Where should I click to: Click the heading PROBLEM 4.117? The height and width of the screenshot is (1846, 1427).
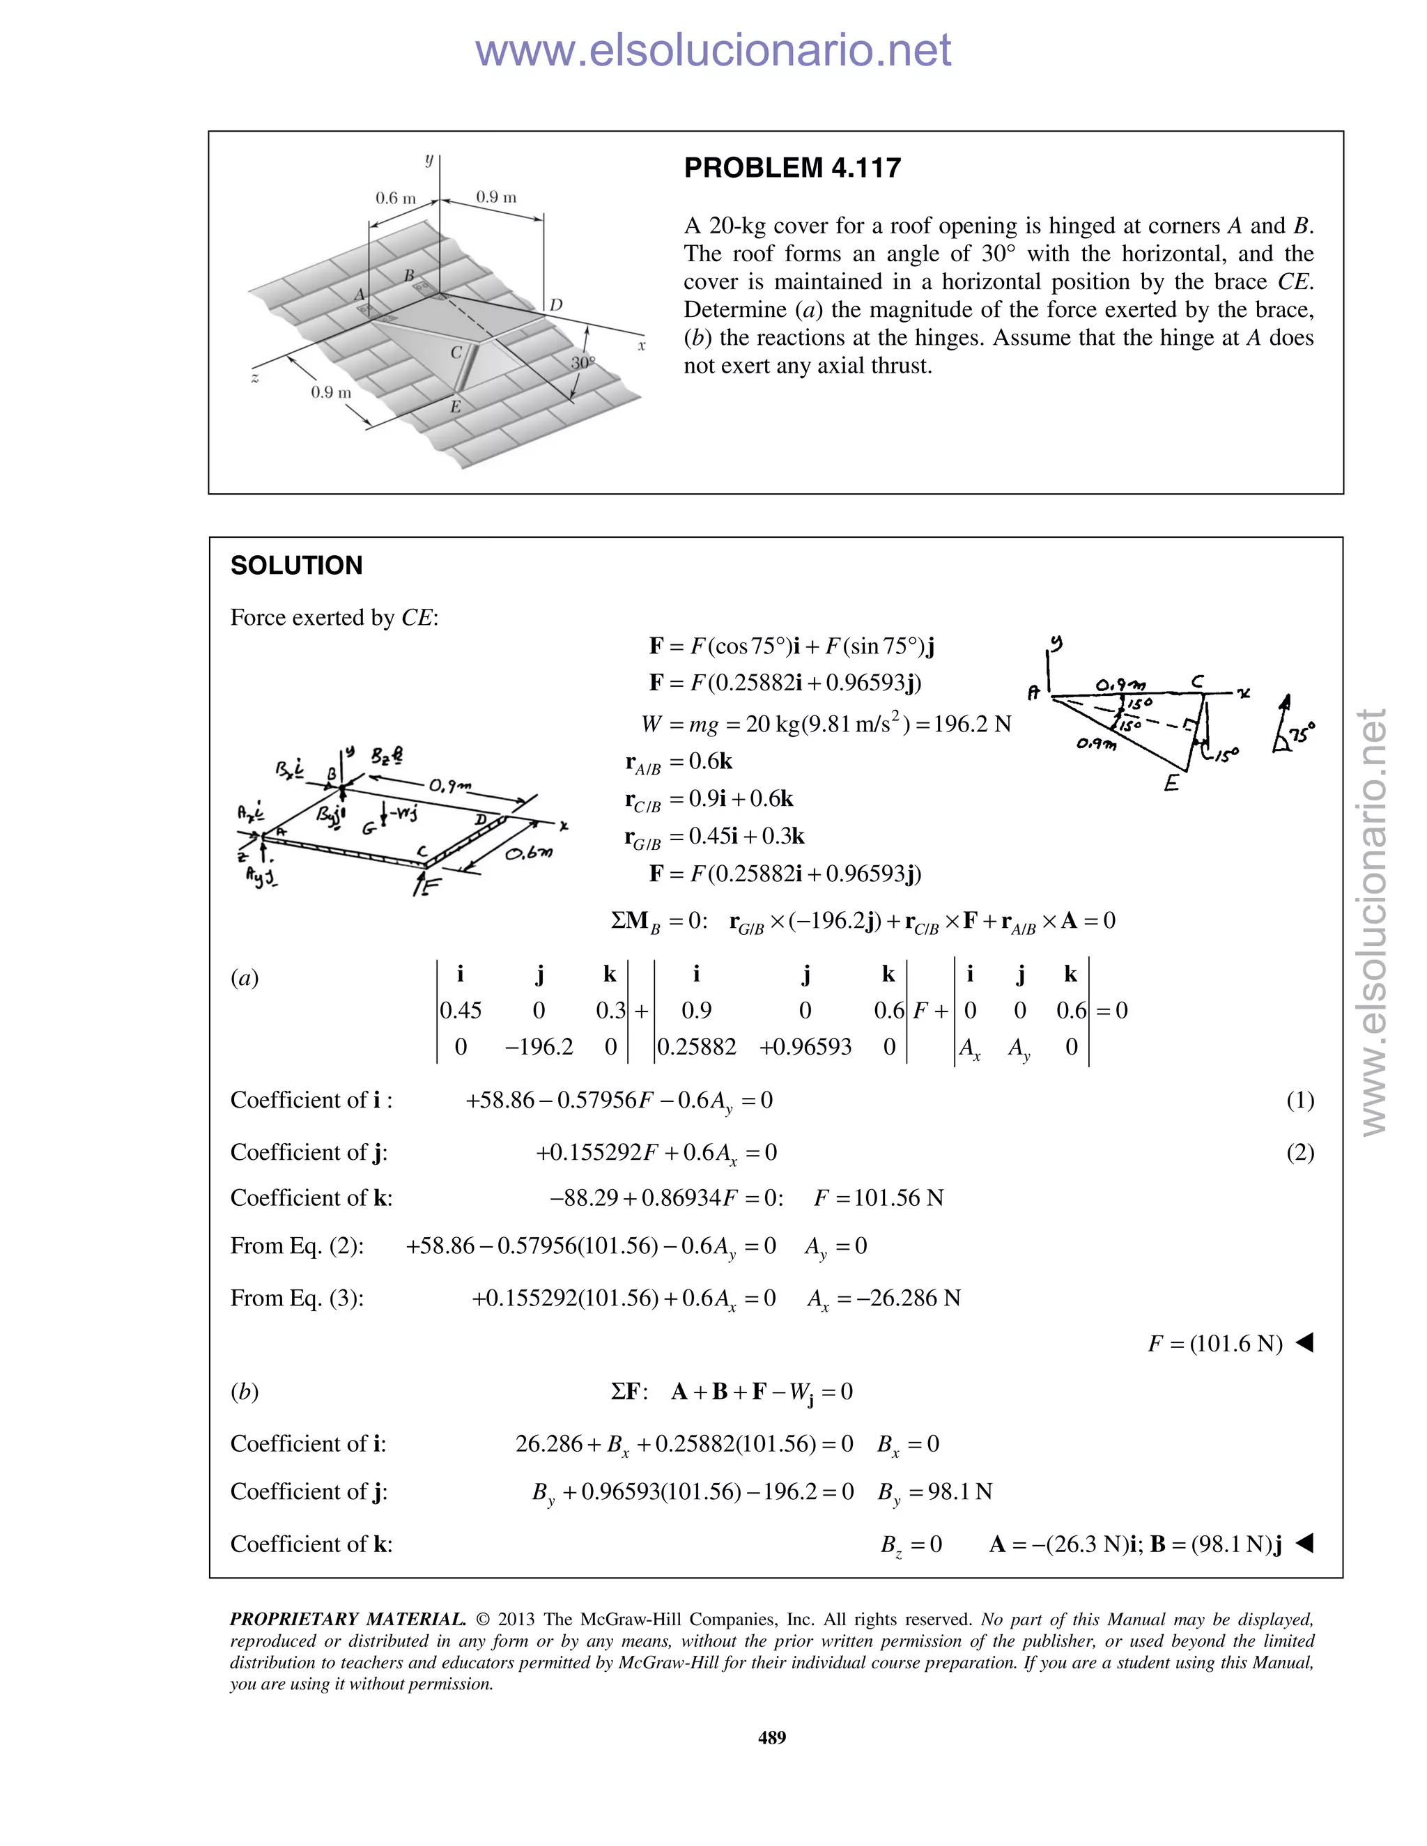(792, 168)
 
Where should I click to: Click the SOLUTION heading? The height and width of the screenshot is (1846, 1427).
(296, 566)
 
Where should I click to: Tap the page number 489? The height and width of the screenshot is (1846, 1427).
(772, 1737)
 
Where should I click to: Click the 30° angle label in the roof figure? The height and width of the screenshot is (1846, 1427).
(583, 363)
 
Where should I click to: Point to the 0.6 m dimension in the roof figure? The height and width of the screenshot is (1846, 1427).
(396, 199)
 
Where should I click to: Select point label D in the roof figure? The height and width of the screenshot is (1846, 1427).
(556, 305)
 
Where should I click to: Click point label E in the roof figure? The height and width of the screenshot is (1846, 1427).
(456, 407)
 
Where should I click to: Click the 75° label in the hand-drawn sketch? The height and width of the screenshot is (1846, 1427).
(1303, 732)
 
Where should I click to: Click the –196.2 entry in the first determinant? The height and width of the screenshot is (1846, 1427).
(539, 1047)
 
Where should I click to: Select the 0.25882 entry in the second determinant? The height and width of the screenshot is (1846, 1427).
(697, 1047)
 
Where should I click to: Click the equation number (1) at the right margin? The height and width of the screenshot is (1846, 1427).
(1299, 1100)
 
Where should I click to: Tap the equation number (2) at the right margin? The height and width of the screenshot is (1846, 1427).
(1299, 1152)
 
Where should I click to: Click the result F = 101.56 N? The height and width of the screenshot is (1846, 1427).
(879, 1197)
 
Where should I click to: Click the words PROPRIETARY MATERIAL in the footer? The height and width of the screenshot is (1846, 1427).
(348, 1620)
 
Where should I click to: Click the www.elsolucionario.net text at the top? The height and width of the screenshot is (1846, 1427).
(713, 50)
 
